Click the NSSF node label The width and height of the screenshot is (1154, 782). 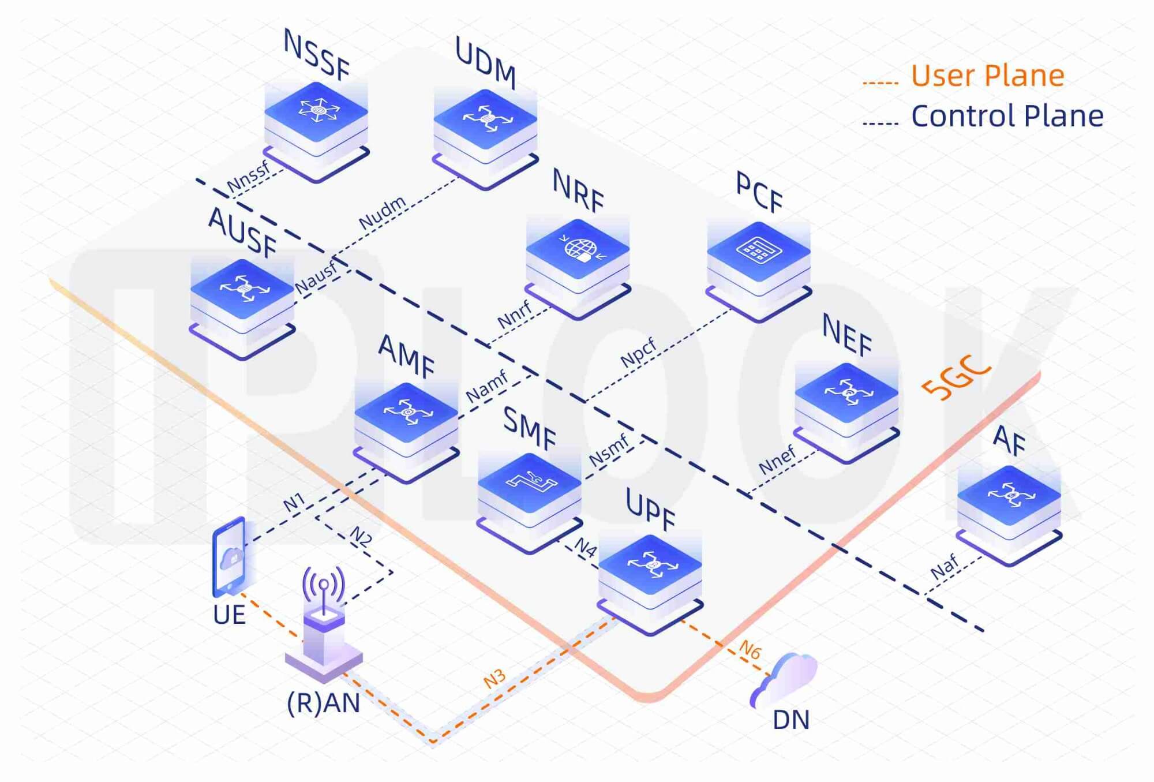(316, 55)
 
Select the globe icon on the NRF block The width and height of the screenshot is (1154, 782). (579, 249)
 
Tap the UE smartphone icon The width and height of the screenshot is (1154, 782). (230, 556)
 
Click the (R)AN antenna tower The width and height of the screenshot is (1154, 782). (324, 623)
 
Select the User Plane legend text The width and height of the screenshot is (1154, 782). (987, 76)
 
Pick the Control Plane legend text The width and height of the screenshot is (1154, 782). (1007, 116)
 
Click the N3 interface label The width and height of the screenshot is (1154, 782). (494, 679)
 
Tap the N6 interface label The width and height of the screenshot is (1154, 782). (750, 650)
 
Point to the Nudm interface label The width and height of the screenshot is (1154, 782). (382, 212)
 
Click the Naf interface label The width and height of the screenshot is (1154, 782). (945, 567)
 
